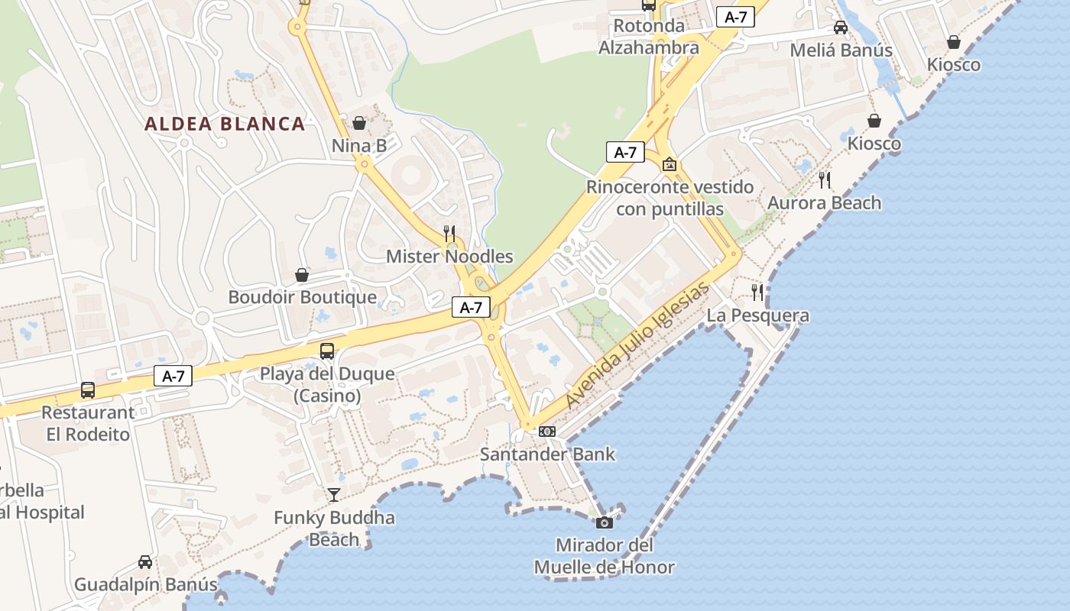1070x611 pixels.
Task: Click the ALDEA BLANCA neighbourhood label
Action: click(225, 124)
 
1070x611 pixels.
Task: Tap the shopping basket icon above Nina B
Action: click(359, 123)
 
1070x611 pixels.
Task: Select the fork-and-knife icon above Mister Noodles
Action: click(449, 233)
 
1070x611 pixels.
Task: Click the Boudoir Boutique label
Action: click(303, 297)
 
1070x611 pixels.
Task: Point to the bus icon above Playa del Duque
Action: click(327, 351)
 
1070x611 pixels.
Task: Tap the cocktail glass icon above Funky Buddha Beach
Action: click(334, 495)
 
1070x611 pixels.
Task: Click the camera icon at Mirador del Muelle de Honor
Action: click(604, 522)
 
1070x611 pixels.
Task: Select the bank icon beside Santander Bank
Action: click(547, 432)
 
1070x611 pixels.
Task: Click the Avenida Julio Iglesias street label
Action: click(638, 346)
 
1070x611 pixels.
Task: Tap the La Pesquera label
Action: click(757, 315)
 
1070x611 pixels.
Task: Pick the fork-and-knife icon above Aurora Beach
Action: click(825, 180)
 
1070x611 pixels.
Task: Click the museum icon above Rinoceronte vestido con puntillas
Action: click(670, 164)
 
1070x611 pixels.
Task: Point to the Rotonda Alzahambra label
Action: click(649, 37)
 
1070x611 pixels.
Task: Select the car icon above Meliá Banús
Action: click(841, 27)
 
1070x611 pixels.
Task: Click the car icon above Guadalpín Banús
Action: click(145, 562)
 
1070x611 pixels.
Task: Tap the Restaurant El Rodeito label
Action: click(87, 423)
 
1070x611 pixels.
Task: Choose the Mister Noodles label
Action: click(449, 257)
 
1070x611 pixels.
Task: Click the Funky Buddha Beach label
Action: click(334, 529)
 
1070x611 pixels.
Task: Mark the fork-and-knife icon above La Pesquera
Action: click(757, 292)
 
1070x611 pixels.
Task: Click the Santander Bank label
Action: click(547, 454)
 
